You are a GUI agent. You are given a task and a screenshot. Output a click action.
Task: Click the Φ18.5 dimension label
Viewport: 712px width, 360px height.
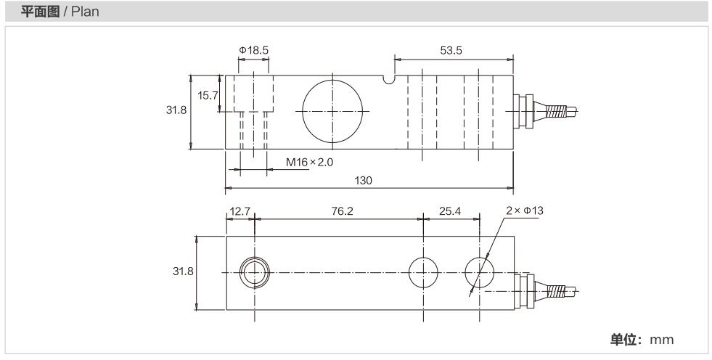click(254, 50)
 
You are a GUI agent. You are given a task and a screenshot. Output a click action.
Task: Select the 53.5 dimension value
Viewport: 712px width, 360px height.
click(451, 50)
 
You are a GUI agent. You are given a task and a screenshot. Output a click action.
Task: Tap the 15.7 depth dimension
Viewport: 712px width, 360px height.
click(208, 95)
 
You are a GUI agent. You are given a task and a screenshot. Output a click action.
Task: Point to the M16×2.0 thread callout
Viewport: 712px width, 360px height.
click(309, 162)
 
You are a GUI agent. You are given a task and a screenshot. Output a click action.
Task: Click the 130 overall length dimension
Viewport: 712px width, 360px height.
click(364, 181)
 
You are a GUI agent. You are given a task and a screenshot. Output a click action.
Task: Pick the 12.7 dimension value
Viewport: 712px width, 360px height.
click(240, 211)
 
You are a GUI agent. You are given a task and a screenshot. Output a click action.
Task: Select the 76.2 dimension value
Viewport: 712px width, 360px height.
click(342, 211)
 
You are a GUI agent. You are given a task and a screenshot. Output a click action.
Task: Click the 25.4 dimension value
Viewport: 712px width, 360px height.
click(450, 211)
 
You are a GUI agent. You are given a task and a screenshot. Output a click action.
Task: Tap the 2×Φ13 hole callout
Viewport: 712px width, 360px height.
click(525, 210)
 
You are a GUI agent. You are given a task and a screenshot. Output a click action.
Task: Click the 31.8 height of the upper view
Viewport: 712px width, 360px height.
click(176, 110)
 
